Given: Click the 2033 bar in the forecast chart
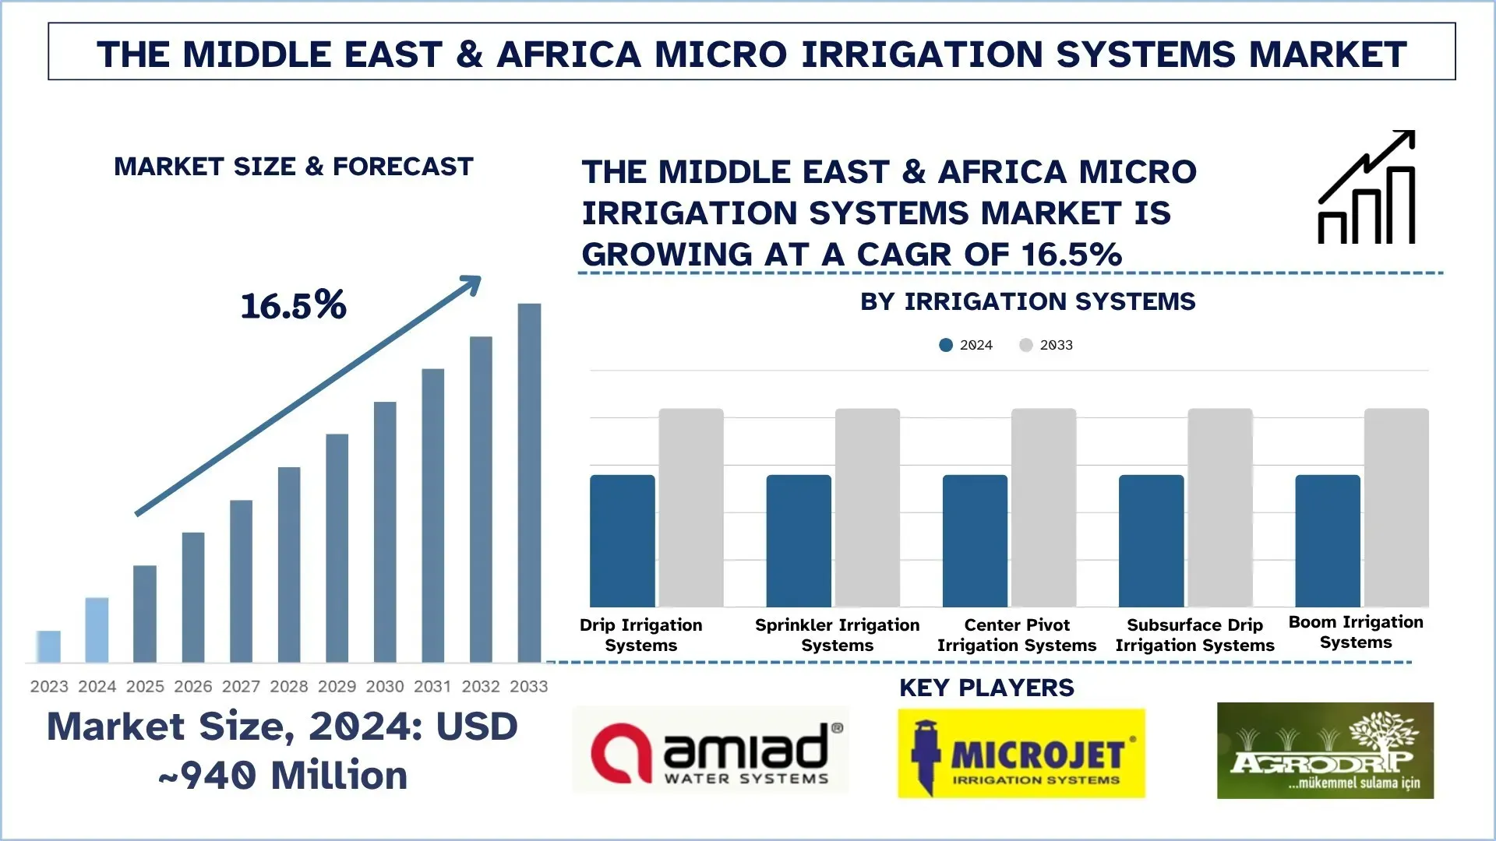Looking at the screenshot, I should (x=529, y=483).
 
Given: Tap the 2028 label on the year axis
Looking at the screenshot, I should (x=289, y=686).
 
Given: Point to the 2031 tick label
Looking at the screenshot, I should (x=432, y=686).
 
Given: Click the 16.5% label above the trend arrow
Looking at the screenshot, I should (x=293, y=305).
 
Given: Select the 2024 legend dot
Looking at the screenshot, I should (x=946, y=345).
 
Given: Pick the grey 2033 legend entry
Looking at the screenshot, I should (x=1046, y=345).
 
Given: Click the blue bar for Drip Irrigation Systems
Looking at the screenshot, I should (x=622, y=540).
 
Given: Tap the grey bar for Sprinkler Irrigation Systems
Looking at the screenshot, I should (x=867, y=508).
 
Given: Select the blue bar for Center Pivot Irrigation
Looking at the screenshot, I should (x=975, y=540).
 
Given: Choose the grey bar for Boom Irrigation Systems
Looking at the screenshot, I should (x=1396, y=508).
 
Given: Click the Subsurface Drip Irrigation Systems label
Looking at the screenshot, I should (x=1194, y=635).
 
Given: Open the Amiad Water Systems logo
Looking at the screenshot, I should (x=711, y=751).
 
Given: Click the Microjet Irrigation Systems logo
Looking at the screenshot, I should (x=1021, y=753).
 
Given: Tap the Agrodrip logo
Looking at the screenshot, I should (x=1325, y=751).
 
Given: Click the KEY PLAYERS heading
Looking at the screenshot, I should (x=986, y=688).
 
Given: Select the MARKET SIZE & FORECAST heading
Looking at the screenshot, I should (x=293, y=167).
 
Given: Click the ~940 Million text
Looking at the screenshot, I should (x=282, y=776).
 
